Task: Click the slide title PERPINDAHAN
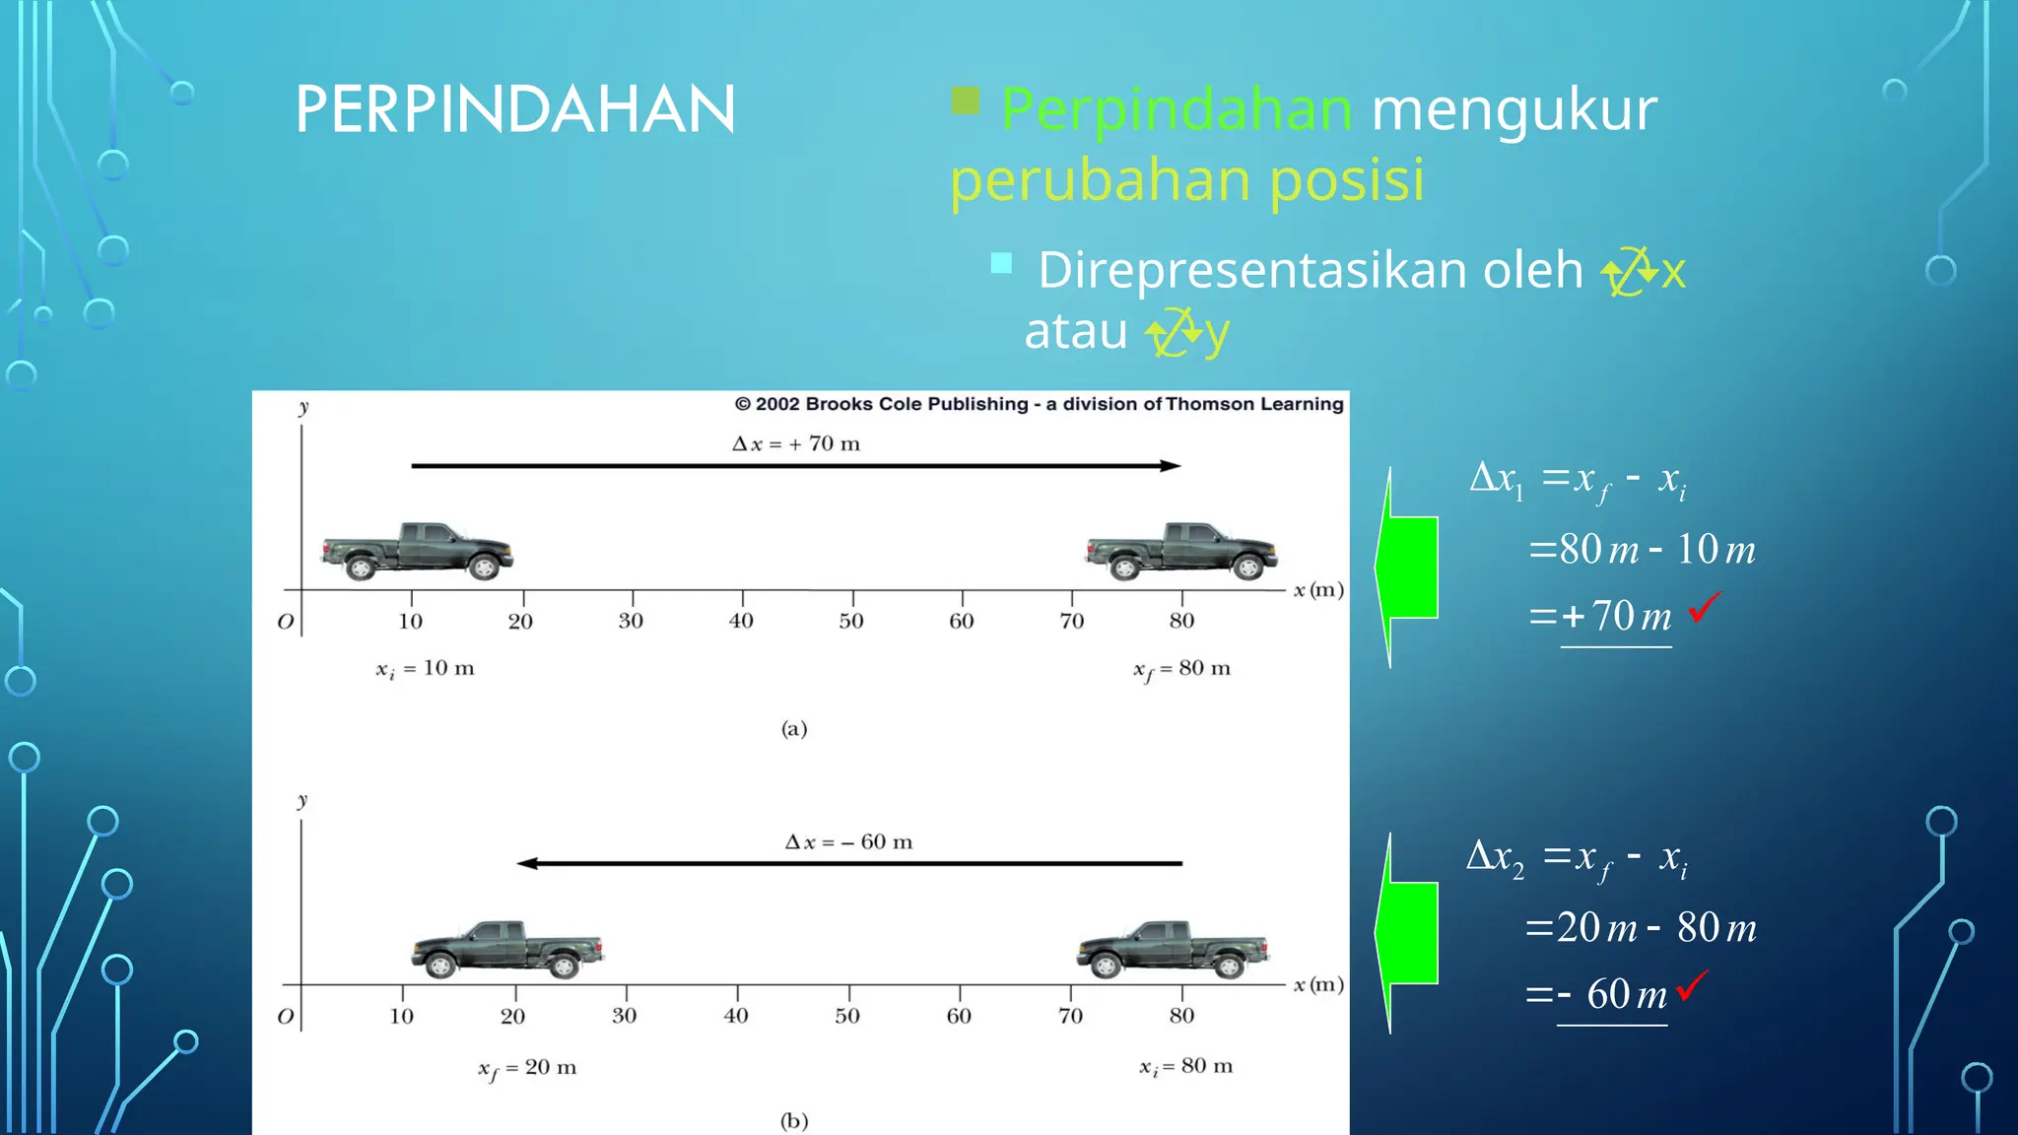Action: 514,109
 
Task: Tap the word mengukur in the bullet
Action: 1513,109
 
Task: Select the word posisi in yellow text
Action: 1346,180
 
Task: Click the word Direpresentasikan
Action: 1310,270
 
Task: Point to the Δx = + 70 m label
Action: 796,443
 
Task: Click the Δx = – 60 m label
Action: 848,842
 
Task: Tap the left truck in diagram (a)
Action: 417,551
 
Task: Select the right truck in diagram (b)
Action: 1172,948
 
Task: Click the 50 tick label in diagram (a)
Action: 851,621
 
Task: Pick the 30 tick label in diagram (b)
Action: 624,1016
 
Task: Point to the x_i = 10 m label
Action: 425,669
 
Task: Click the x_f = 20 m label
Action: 527,1068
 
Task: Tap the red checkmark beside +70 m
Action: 1704,607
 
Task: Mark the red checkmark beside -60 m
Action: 1691,985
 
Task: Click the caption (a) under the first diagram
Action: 794,729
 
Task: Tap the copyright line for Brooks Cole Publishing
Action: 1039,404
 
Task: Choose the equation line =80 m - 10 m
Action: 1642,550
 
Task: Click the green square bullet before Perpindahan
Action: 966,100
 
